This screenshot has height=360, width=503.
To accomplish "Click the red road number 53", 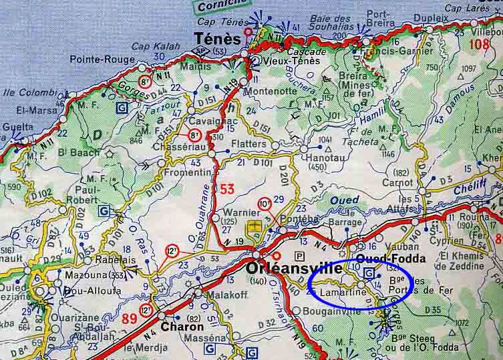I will click(228, 189).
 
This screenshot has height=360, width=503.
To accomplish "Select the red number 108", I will click(480, 44).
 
